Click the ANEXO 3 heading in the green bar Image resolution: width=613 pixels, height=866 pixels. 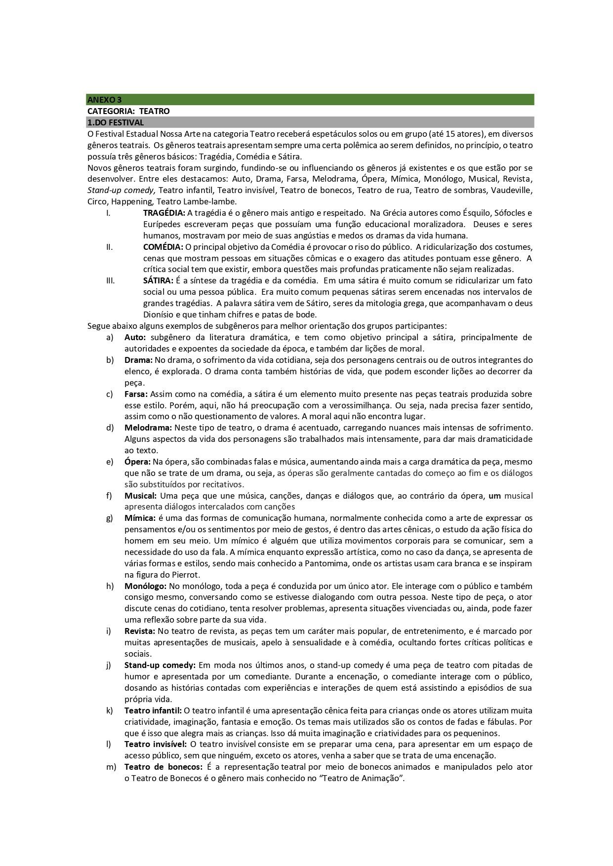click(x=104, y=100)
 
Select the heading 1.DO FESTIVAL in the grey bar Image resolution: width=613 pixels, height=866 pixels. click(x=116, y=122)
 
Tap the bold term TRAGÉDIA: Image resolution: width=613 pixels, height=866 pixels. click(x=164, y=213)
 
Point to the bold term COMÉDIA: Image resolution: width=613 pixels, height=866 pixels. click(x=163, y=247)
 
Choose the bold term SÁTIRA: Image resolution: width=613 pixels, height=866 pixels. click(x=158, y=280)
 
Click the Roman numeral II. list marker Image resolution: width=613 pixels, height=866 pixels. click(x=110, y=247)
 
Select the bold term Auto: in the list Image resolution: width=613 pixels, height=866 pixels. click(x=135, y=337)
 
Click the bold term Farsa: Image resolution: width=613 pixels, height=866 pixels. click(x=136, y=394)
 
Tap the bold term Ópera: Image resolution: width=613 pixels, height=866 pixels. click(x=137, y=462)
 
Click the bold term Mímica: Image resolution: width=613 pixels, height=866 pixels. click(x=140, y=518)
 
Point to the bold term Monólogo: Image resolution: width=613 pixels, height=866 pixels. click(x=145, y=586)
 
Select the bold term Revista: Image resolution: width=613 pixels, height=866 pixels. click(x=140, y=631)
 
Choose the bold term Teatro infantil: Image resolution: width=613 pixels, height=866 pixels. click(x=153, y=710)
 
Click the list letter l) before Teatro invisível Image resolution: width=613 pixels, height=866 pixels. click(x=109, y=744)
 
